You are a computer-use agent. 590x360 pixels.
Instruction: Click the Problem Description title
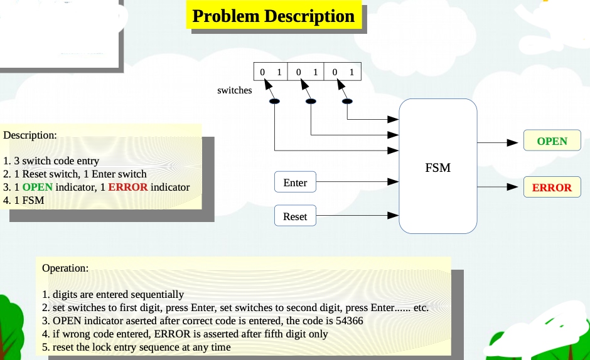tap(274, 16)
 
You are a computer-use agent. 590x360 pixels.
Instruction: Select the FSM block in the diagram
tap(437, 167)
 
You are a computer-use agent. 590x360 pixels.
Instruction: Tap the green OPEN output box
tap(552, 141)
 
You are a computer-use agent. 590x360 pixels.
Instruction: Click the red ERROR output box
tap(552, 188)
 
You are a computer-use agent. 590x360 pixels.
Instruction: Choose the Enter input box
tap(295, 183)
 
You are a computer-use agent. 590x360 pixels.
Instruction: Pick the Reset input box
tap(295, 216)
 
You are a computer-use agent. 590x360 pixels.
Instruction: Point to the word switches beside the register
tap(234, 90)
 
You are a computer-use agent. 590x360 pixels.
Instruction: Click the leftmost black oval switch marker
tap(275, 101)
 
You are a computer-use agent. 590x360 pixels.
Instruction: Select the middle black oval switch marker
tap(311, 101)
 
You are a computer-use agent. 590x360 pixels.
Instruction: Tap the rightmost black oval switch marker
tap(346, 101)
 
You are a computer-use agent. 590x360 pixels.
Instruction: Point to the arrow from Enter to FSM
tap(357, 182)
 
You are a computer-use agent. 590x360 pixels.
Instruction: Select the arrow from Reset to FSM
tap(357, 216)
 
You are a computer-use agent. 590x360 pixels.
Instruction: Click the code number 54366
tap(348, 320)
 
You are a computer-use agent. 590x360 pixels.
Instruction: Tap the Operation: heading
tap(65, 268)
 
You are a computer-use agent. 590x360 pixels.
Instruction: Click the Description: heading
tap(30, 135)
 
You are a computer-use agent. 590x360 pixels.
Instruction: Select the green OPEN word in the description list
tap(38, 187)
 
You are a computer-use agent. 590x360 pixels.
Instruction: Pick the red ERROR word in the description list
tap(128, 187)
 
